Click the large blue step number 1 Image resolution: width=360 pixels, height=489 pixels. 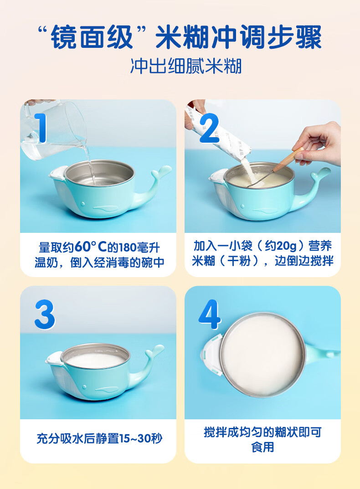click(x=41, y=128)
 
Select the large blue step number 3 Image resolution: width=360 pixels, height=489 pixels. click(x=45, y=314)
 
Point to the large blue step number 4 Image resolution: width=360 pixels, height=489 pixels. click(x=210, y=314)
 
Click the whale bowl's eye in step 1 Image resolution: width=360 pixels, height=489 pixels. click(x=82, y=204)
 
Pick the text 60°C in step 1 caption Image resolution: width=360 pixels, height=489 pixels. click(x=91, y=247)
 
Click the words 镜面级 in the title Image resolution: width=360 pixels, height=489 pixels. click(x=92, y=37)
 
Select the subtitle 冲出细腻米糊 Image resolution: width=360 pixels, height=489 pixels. click(x=186, y=66)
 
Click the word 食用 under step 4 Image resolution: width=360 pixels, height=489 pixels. click(x=262, y=447)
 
